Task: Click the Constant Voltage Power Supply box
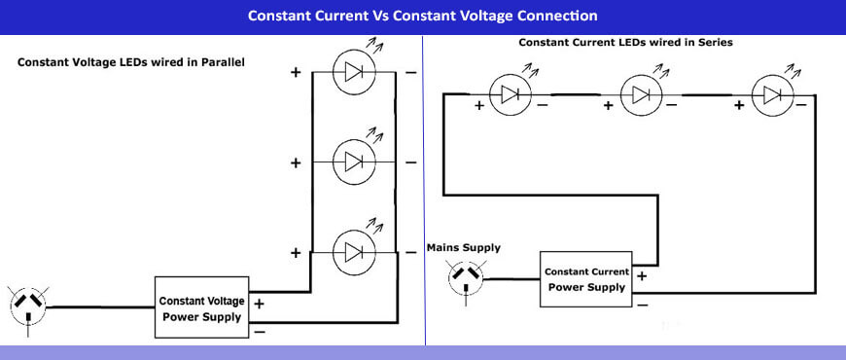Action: tap(202, 307)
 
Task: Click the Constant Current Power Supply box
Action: tap(586, 278)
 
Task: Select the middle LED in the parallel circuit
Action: tap(354, 160)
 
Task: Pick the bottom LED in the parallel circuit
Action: tap(354, 252)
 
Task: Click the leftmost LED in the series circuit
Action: tap(510, 94)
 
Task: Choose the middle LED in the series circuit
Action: tap(640, 94)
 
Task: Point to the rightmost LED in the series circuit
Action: tap(771, 94)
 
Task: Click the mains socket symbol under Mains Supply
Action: tap(465, 278)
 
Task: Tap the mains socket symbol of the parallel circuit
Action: tap(28, 306)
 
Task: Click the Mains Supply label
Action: tap(464, 248)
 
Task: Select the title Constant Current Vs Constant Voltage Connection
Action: tap(423, 16)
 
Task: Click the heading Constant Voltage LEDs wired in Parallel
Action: tap(130, 62)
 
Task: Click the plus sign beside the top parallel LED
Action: tap(296, 71)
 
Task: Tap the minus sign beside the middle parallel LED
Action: tap(411, 162)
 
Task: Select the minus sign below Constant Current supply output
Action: tap(642, 305)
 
